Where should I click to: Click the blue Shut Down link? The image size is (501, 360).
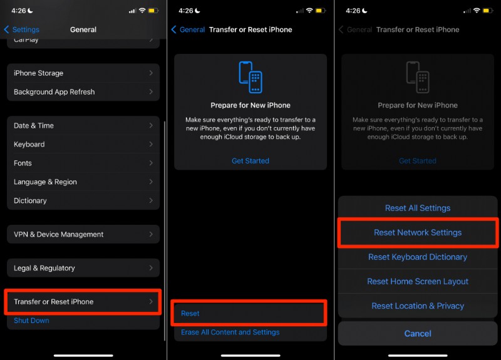(x=31, y=321)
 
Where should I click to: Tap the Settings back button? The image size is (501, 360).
(x=22, y=29)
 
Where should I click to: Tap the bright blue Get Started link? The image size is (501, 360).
(x=250, y=161)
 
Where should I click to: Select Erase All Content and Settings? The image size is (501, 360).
(x=230, y=332)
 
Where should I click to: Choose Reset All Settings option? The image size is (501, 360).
(x=418, y=208)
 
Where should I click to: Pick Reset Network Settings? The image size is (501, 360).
(x=418, y=233)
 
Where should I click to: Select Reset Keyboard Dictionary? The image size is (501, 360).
(x=418, y=257)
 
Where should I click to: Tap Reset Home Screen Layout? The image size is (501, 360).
(x=418, y=282)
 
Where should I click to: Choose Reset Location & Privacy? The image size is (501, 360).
(x=418, y=306)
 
